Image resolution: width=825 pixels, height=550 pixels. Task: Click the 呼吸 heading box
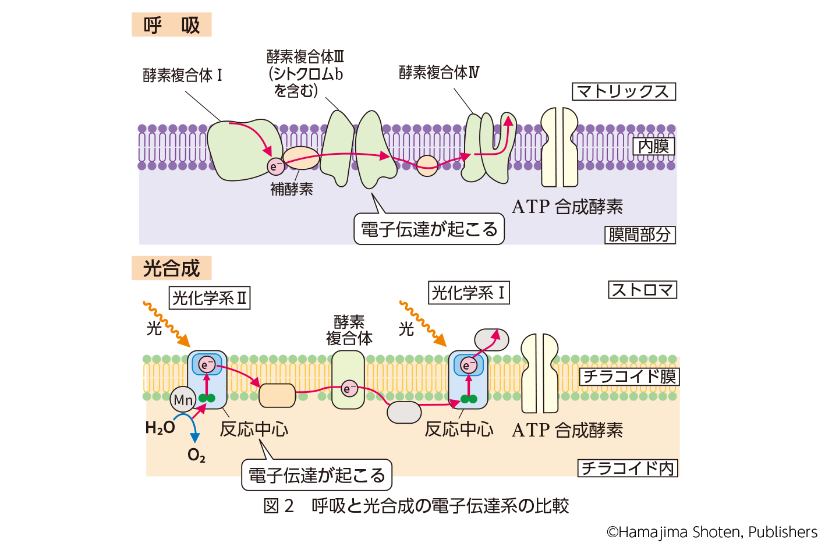(x=171, y=25)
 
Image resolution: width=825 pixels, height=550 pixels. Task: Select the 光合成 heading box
(x=171, y=268)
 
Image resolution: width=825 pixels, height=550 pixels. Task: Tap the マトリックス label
(x=624, y=92)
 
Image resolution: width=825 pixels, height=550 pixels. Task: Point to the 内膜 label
(x=653, y=146)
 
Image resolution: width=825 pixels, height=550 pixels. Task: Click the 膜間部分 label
(x=640, y=235)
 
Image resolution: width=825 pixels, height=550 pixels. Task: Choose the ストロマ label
(x=642, y=290)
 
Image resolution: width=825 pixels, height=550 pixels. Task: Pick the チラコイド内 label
(x=628, y=468)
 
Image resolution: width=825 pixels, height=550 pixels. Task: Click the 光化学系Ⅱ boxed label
(x=210, y=298)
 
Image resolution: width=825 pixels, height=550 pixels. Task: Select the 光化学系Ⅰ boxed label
(x=468, y=293)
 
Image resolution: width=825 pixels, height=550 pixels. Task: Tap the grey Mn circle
(x=183, y=400)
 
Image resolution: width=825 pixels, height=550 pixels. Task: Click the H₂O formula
(x=160, y=428)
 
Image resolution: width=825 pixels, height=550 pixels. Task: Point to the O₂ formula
(x=196, y=455)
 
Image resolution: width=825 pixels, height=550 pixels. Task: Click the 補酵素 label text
(x=292, y=189)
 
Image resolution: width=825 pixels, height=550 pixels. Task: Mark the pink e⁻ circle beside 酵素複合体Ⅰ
(x=275, y=166)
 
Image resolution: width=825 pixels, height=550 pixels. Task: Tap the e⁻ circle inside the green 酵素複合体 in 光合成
(x=349, y=389)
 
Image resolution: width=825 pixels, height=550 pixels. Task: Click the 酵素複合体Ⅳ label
(x=439, y=73)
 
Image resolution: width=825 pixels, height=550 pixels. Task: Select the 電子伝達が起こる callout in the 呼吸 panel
(x=429, y=229)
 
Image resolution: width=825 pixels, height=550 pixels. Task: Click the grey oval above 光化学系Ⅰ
(x=491, y=340)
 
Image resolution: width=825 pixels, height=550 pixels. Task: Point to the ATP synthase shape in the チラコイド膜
(x=540, y=372)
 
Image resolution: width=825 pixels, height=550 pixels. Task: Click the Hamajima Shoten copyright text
(x=711, y=532)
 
